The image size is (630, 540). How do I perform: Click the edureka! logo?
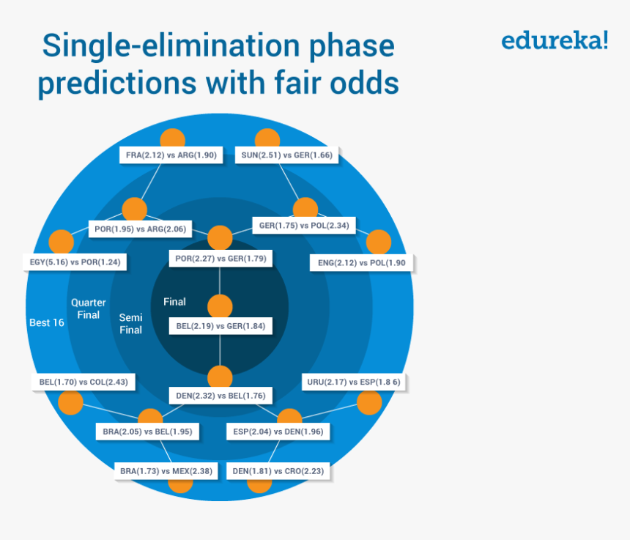[x=555, y=40]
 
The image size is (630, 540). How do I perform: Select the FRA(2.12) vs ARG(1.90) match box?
[x=171, y=155]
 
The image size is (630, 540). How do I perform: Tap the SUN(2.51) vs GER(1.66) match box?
[x=287, y=155]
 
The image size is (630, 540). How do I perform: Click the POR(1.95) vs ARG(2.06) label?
[x=140, y=229]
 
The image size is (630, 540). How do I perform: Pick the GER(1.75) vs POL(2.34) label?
[x=304, y=226]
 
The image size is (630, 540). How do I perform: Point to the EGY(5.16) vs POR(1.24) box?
[x=75, y=262]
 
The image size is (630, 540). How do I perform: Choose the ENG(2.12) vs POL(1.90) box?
[x=362, y=263]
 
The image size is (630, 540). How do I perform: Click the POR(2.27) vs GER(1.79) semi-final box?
[x=220, y=259]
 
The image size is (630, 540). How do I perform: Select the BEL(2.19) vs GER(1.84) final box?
[x=220, y=326]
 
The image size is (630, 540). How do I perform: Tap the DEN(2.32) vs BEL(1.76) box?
[x=220, y=396]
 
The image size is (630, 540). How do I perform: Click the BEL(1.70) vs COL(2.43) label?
[x=84, y=382]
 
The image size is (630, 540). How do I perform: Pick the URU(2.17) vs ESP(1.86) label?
[x=354, y=382]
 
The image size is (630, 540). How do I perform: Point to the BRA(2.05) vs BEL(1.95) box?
[x=147, y=432]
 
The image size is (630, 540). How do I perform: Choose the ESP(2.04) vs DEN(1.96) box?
[x=278, y=432]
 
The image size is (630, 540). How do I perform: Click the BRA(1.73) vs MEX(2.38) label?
[x=166, y=471]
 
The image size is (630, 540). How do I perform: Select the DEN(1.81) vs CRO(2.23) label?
[x=278, y=471]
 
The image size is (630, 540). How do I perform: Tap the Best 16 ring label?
[x=47, y=322]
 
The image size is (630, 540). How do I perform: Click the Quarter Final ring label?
[x=89, y=308]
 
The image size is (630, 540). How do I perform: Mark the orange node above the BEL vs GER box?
[x=220, y=306]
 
